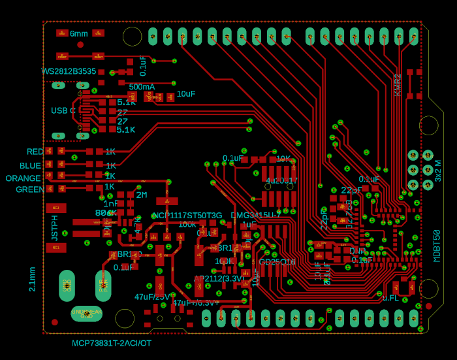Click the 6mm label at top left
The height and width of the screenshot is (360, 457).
click(78, 33)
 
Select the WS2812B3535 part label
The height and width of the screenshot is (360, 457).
click(69, 71)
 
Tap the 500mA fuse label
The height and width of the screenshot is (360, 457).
click(142, 87)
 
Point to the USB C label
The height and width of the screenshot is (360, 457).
click(63, 110)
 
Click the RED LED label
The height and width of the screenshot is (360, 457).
click(35, 152)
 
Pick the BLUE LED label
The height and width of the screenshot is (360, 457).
click(30, 166)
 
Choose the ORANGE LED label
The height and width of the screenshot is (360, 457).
click(24, 178)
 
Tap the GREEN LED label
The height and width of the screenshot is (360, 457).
click(30, 189)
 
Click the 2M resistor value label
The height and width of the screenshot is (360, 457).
click(141, 195)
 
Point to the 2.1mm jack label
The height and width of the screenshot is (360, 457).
click(32, 278)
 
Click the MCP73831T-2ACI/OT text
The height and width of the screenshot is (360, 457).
click(112, 343)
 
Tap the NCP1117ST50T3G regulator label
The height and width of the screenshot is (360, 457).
click(187, 215)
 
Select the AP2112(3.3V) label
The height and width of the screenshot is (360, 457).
click(219, 278)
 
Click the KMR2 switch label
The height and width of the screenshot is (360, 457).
click(398, 85)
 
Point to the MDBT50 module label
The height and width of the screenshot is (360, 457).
click(437, 246)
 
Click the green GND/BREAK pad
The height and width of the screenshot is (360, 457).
click(86, 313)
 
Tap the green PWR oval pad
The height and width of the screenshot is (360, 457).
click(103, 286)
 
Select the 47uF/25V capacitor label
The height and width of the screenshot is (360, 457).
click(152, 297)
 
